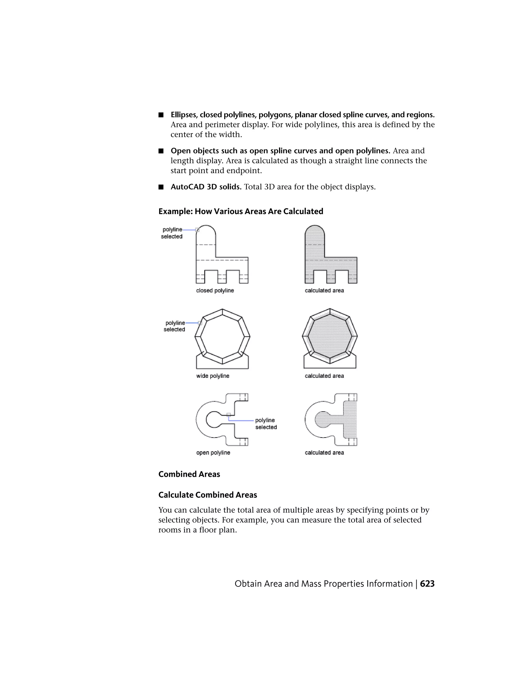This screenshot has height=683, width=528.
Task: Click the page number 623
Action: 427,584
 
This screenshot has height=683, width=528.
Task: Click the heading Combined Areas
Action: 189,474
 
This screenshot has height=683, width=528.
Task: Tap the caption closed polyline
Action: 215,290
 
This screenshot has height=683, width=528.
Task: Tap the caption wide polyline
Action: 213,376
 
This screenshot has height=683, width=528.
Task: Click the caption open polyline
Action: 213,453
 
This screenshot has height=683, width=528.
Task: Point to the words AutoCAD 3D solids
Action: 206,187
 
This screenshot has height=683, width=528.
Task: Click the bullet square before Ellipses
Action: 161,115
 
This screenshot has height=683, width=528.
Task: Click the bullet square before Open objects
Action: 161,151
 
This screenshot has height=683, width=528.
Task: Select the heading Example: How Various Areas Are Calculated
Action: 241,211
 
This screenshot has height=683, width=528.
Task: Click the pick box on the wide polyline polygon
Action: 200,323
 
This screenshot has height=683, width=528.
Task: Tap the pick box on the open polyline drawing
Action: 229,415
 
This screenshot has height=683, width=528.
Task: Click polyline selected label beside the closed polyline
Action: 172,233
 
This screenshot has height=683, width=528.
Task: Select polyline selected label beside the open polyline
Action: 266,424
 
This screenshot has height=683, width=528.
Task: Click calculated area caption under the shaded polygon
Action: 324,376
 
